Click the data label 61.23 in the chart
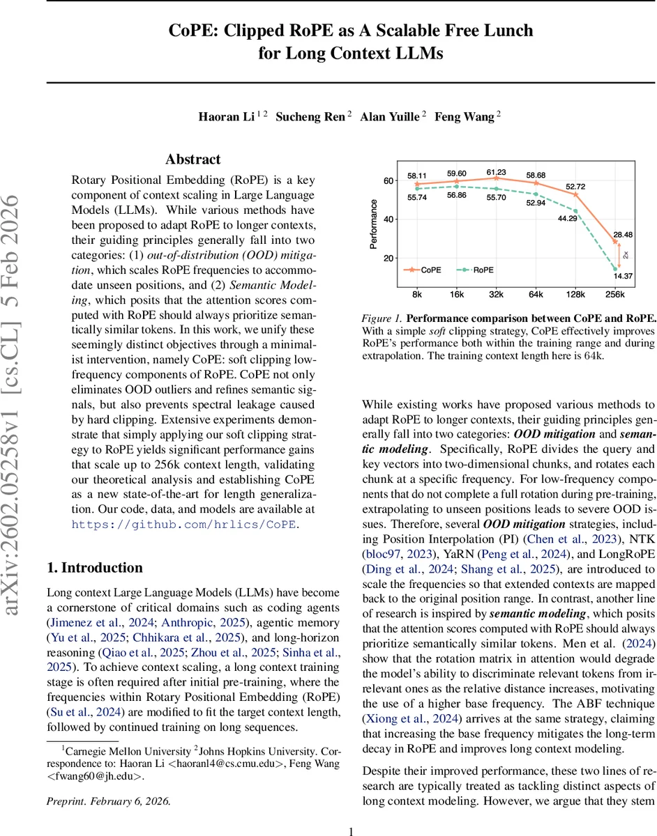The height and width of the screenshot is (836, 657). [496, 172]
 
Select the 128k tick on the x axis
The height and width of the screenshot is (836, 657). [575, 295]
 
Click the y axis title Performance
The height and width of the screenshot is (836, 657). [375, 224]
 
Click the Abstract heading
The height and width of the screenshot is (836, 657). [192, 160]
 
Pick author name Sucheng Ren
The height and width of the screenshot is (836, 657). [310, 116]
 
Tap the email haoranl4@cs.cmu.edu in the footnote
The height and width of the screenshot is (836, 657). [230, 764]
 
